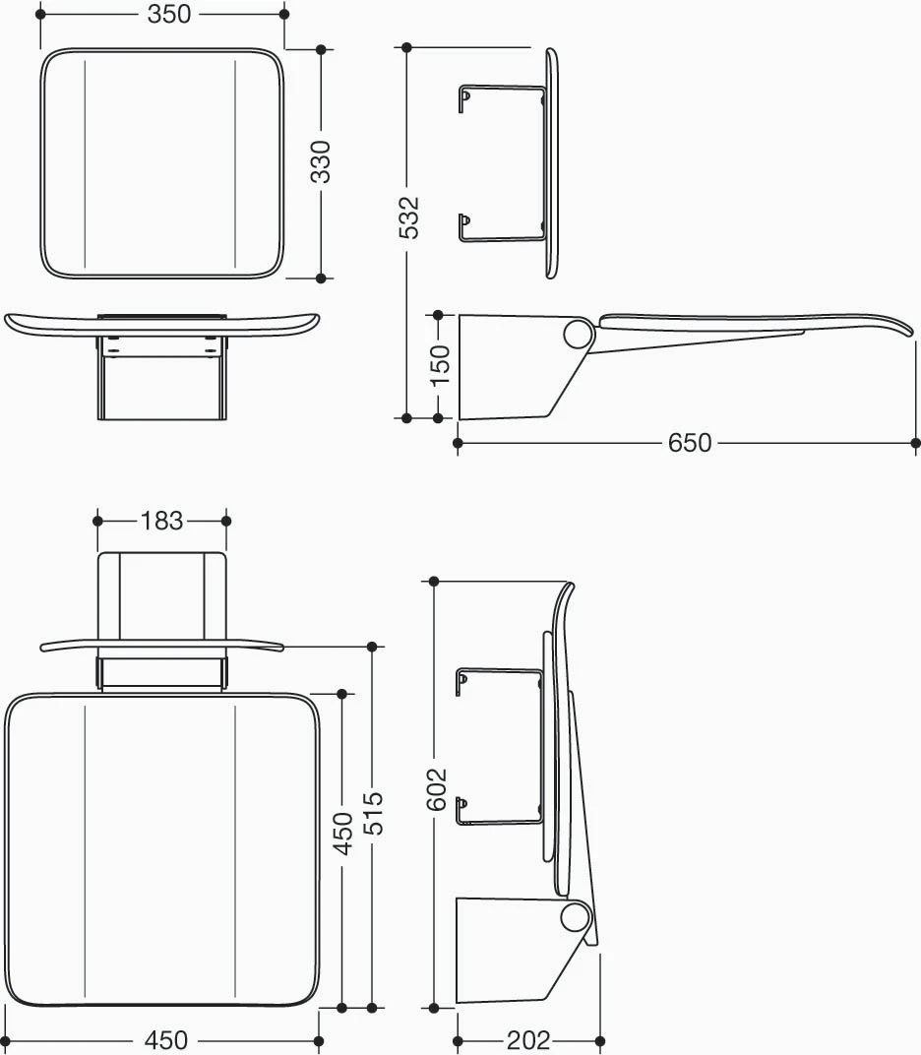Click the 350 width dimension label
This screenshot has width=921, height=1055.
[x=169, y=14]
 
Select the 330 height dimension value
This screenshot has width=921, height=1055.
[x=321, y=161]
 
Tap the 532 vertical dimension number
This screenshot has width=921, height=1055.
[x=408, y=217]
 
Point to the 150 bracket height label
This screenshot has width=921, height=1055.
[x=439, y=365]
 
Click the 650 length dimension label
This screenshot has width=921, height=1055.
[x=690, y=443]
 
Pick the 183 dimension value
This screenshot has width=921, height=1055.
[x=161, y=521]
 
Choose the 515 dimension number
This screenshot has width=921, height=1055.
[x=372, y=814]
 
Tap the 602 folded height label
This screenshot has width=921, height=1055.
[x=437, y=789]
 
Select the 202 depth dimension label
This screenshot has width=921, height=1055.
[x=528, y=1041]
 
